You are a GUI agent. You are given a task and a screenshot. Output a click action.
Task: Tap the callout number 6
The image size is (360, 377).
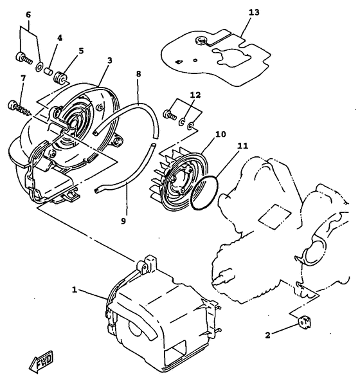(x=28, y=15)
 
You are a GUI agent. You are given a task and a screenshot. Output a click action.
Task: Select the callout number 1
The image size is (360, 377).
(x=75, y=290)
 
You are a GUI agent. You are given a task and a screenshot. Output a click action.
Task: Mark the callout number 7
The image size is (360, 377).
(x=24, y=78)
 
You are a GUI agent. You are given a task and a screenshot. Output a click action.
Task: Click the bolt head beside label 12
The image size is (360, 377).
(x=170, y=115)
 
